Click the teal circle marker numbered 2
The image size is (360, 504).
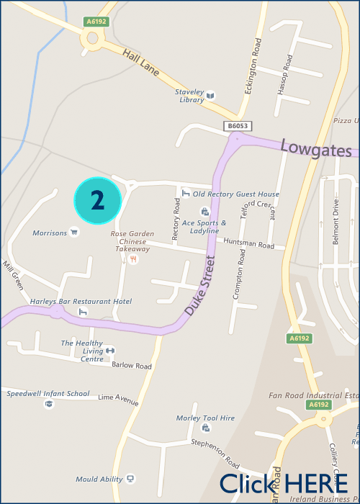(98, 200)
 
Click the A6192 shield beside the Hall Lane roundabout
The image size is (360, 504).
(95, 22)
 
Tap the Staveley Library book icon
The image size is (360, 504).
(211, 95)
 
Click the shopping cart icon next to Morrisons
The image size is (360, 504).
(73, 232)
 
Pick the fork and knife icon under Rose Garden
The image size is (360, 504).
(132, 258)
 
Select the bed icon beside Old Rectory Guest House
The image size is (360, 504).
(185, 193)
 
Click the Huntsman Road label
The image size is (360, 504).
(249, 245)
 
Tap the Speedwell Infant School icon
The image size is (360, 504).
(49, 404)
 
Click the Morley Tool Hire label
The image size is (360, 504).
(205, 418)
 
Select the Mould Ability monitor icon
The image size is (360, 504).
(130, 478)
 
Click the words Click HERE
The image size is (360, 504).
(283, 483)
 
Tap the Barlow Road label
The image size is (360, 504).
(132, 366)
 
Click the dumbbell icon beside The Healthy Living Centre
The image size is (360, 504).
(110, 351)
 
